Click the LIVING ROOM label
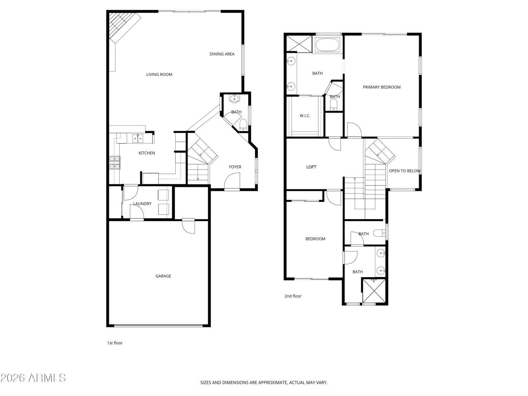click(x=159, y=75)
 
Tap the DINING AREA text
click(x=222, y=54)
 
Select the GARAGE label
click(x=163, y=276)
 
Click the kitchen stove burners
click(x=115, y=163)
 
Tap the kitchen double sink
click(x=137, y=139)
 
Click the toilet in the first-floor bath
click(x=243, y=124)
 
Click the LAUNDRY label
click(x=142, y=204)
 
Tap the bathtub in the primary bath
click(x=327, y=45)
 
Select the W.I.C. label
click(x=305, y=115)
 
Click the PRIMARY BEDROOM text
click(x=382, y=87)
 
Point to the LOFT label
click(x=311, y=167)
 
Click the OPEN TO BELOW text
click(x=404, y=171)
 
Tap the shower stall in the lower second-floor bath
click(x=374, y=292)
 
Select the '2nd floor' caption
click(x=293, y=296)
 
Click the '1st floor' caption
click(x=115, y=343)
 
